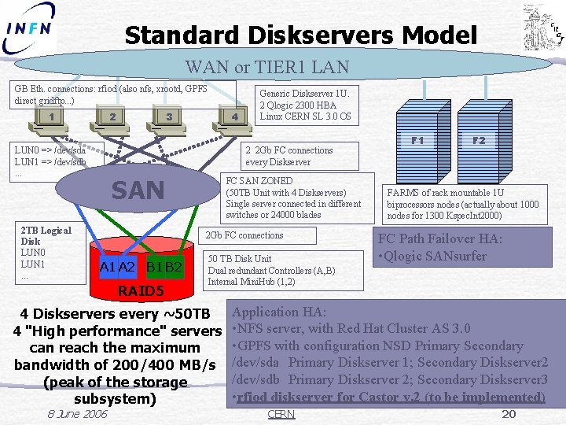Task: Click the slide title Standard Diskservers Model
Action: click(x=300, y=35)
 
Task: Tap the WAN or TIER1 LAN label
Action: click(x=266, y=67)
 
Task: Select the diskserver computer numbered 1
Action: click(x=50, y=119)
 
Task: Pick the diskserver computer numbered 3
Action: click(x=168, y=119)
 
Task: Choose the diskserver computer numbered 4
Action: click(x=233, y=119)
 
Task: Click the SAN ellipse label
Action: click(x=138, y=190)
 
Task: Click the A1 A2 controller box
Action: click(x=117, y=268)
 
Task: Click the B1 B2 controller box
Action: click(x=164, y=268)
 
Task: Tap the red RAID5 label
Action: click(x=140, y=292)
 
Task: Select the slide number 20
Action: click(x=509, y=414)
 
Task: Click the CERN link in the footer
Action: click(x=281, y=414)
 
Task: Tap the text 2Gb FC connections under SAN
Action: click(x=244, y=235)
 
